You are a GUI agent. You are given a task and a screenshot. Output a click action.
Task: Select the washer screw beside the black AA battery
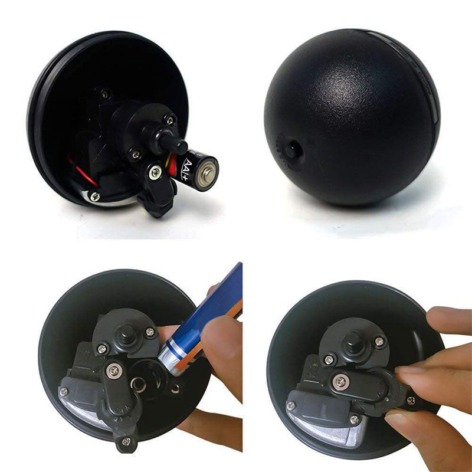155,172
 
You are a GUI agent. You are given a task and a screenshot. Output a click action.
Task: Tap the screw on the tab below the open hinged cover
125,440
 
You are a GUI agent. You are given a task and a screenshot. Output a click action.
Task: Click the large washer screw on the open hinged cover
114,371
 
